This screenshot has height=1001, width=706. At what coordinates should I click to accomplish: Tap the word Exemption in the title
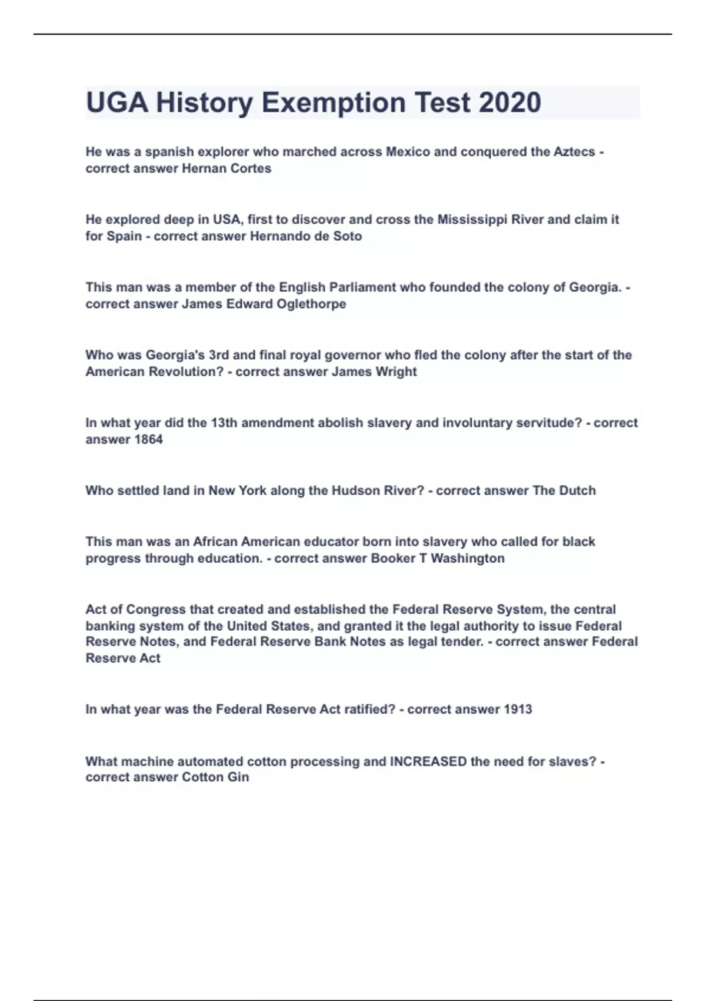pyautogui.click(x=334, y=102)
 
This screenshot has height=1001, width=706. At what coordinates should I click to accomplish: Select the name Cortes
pyautogui.click(x=254, y=168)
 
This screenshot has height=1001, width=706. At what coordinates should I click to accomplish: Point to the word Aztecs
pyautogui.click(x=574, y=152)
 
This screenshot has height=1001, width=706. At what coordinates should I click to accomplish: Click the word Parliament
pyautogui.click(x=362, y=287)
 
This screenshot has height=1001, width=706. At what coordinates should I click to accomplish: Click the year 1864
pyautogui.click(x=148, y=440)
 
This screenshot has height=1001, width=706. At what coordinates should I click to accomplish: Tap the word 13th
pyautogui.click(x=224, y=423)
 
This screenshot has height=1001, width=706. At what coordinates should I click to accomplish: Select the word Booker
pyautogui.click(x=393, y=558)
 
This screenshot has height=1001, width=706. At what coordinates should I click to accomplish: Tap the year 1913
pyautogui.click(x=518, y=710)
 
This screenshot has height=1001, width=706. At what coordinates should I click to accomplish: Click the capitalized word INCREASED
pyautogui.click(x=428, y=761)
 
